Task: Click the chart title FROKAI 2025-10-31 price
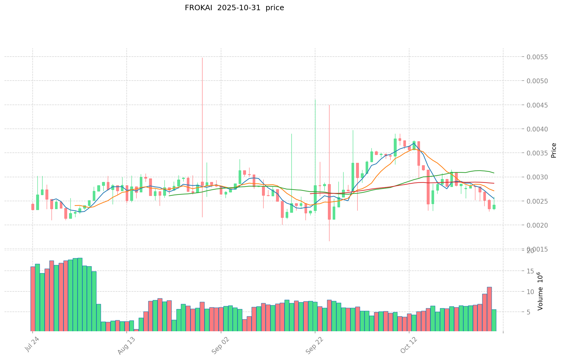pyautogui.click(x=234, y=8)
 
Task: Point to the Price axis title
pyautogui.click(x=554, y=150)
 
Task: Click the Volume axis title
pyautogui.click(x=540, y=291)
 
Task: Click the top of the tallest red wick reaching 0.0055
pyautogui.click(x=202, y=58)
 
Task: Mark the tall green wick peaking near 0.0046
pyautogui.click(x=315, y=100)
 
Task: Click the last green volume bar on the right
pyautogui.click(x=494, y=320)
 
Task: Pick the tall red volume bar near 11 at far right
pyautogui.click(x=489, y=309)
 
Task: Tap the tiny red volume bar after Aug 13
pyautogui.click(x=136, y=330)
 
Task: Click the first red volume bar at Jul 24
pyautogui.click(x=33, y=299)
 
